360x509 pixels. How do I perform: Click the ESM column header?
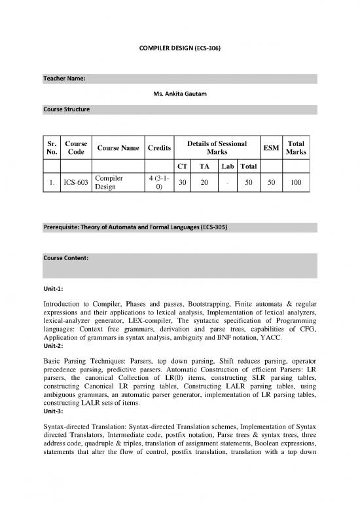tap(270, 148)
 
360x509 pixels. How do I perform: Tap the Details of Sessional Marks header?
tap(217, 148)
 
